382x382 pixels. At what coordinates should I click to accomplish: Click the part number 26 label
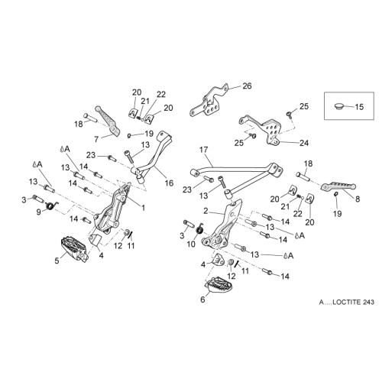247,86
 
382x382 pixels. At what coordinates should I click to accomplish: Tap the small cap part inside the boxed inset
339,105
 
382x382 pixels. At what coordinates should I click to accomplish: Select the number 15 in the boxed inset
359,107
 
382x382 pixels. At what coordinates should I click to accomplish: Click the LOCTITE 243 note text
347,302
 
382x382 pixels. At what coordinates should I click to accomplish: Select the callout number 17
204,150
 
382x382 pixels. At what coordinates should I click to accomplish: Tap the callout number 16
169,183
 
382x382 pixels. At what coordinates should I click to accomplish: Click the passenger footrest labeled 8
338,186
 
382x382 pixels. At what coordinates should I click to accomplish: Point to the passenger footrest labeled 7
108,121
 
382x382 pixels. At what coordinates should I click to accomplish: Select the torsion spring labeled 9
52,205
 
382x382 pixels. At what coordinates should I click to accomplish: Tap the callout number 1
143,208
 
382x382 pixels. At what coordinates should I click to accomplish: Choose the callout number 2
206,211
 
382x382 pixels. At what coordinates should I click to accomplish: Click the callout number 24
304,143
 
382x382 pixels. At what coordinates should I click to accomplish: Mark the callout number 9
39,212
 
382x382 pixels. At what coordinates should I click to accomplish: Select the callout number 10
191,244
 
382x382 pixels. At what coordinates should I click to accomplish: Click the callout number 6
202,299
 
